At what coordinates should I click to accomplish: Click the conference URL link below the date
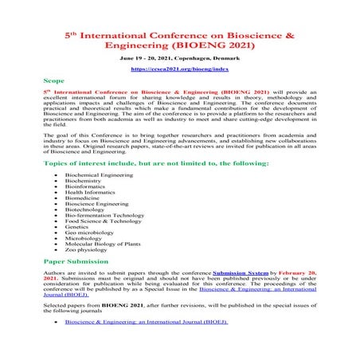[x=179, y=69]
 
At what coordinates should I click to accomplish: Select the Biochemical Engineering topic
[x=96, y=174]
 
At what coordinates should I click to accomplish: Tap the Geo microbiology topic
[x=90, y=235]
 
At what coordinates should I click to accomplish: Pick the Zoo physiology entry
[x=87, y=252]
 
